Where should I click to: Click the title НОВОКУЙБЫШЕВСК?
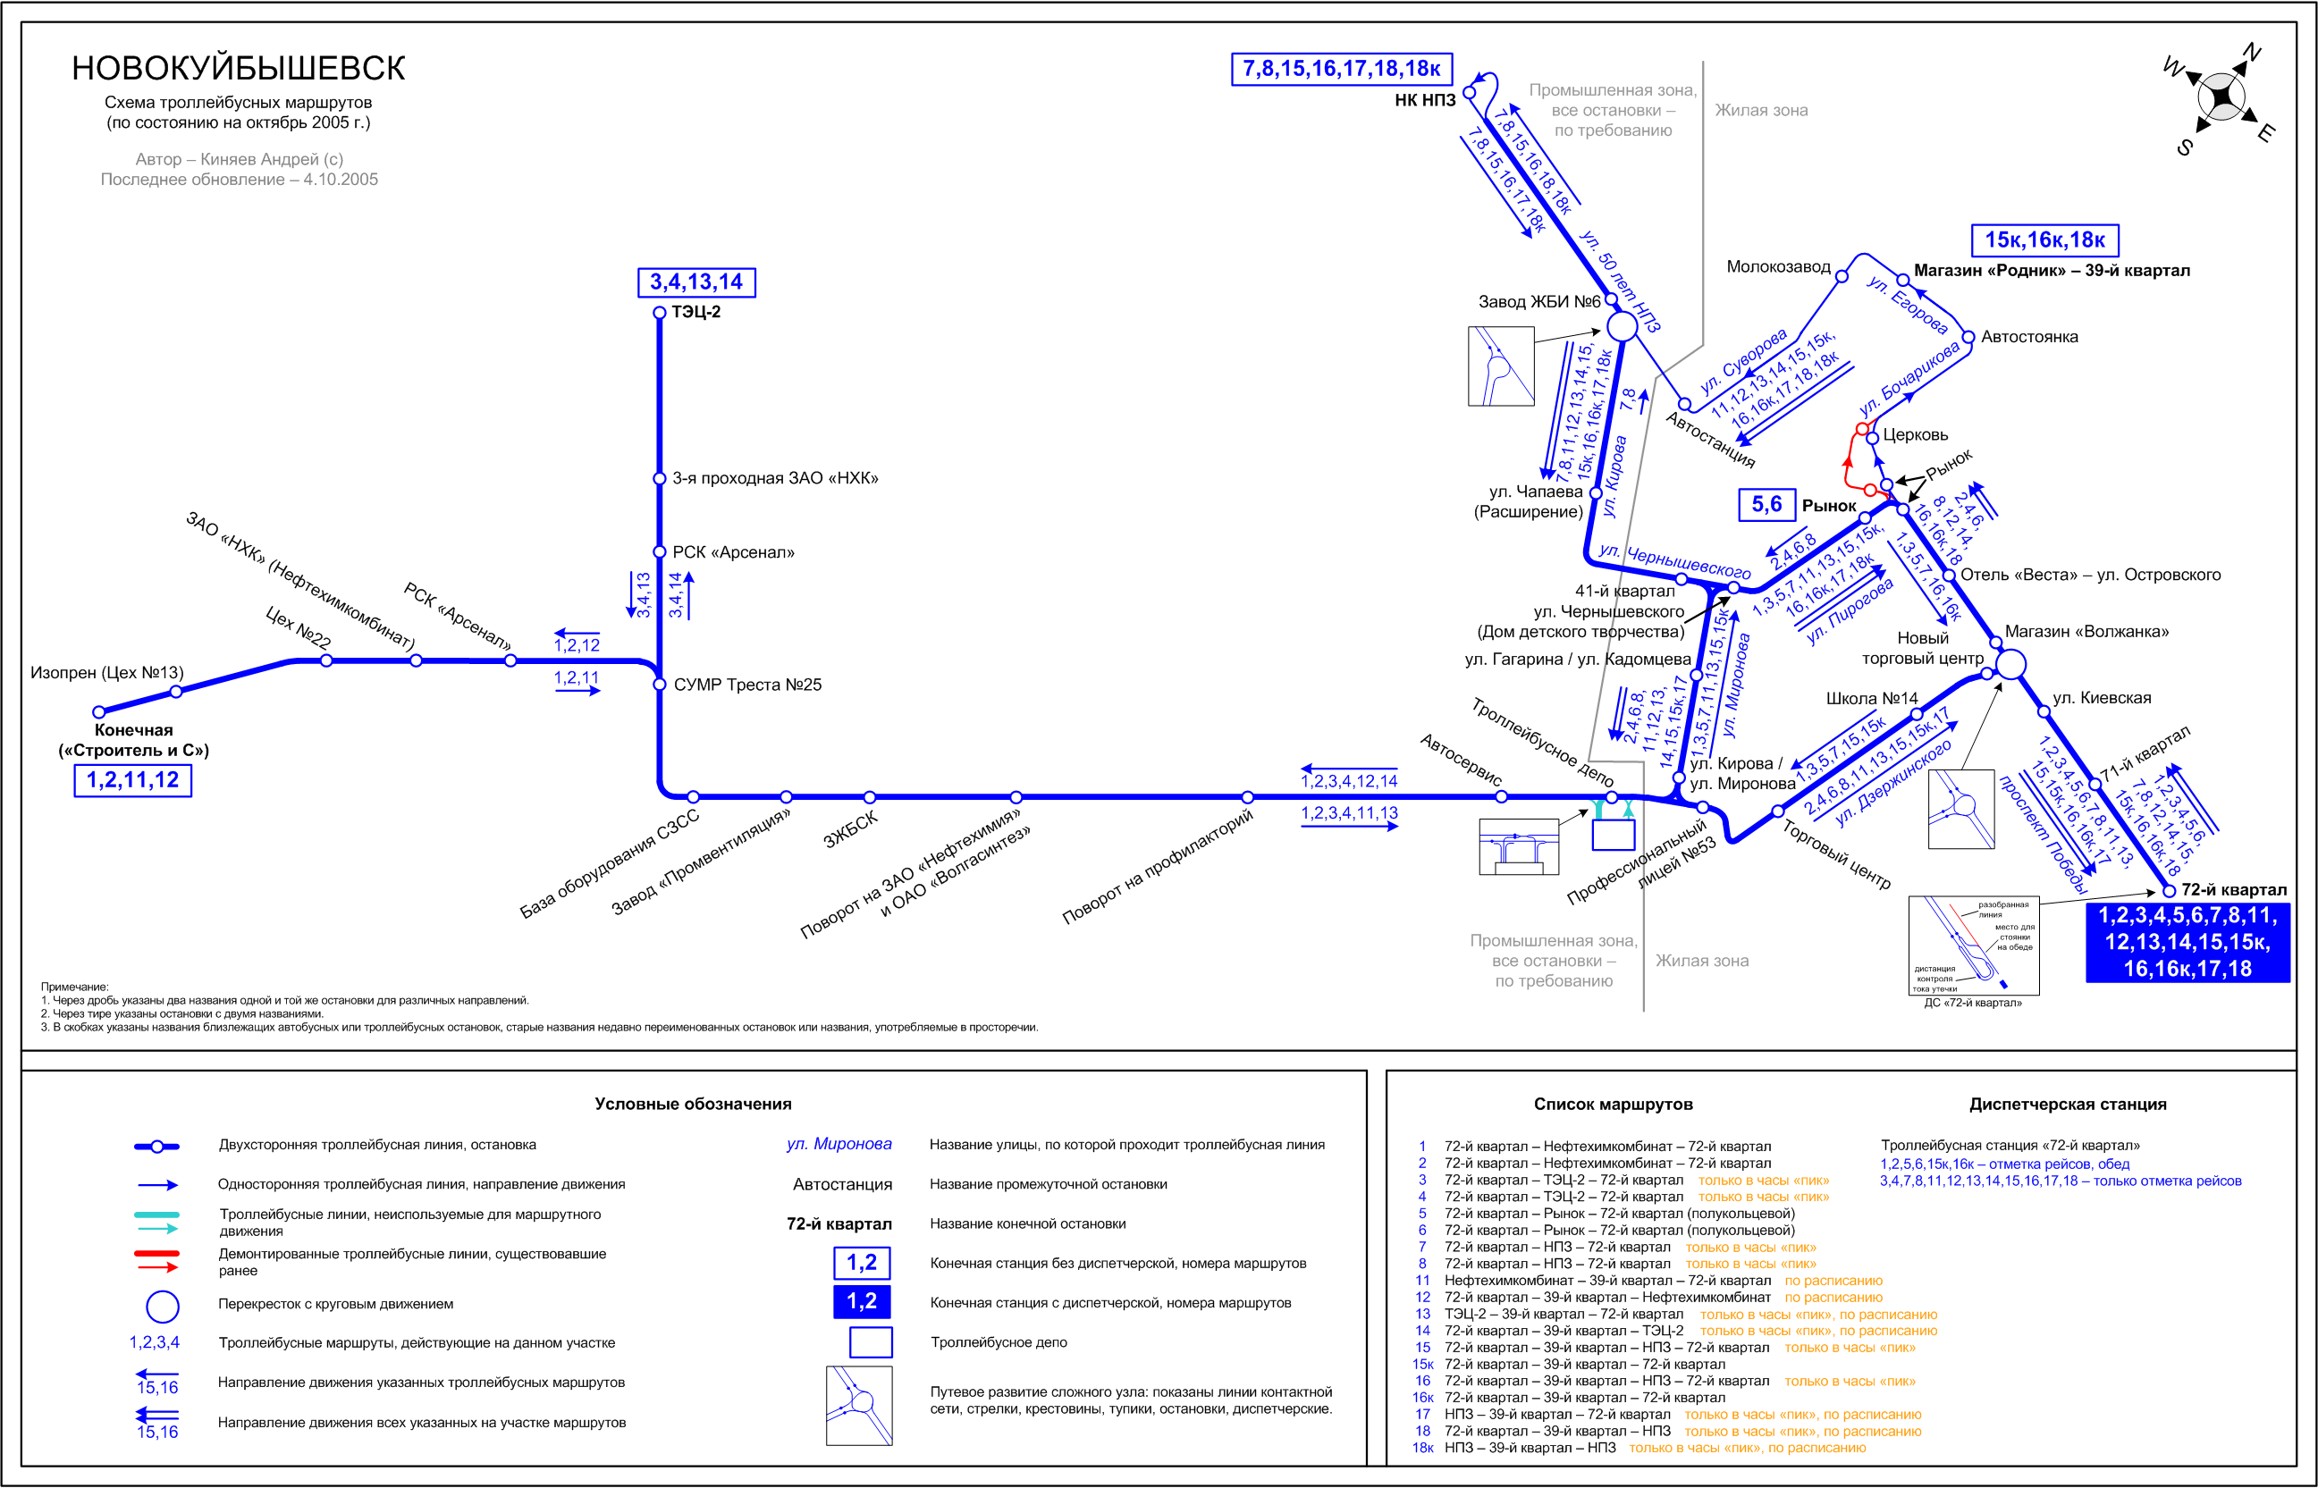[x=239, y=69]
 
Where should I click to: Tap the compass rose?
[x=2222, y=97]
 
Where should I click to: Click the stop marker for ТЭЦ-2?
[x=660, y=313]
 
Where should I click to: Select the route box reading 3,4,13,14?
[x=696, y=282]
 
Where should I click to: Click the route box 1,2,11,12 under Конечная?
[x=133, y=781]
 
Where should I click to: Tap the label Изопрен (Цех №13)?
[x=107, y=672]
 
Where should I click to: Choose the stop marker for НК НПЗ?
[x=1470, y=93]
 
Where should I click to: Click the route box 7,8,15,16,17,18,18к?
[x=1341, y=69]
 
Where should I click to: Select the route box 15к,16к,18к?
[x=2044, y=240]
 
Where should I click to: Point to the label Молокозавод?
[x=1778, y=266]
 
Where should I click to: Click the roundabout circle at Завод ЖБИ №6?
[x=1623, y=325]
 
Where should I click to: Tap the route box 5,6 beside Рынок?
[x=1766, y=504]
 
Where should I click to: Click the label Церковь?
[x=1915, y=435]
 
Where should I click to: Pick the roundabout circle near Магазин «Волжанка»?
[x=2010, y=664]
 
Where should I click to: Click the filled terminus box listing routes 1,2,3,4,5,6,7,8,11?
[x=2187, y=942]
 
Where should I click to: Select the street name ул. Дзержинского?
[x=1893, y=783]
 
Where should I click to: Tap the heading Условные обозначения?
[x=693, y=1105]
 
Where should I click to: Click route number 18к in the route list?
[x=1422, y=1449]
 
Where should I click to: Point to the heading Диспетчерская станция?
[x=2068, y=1105]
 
